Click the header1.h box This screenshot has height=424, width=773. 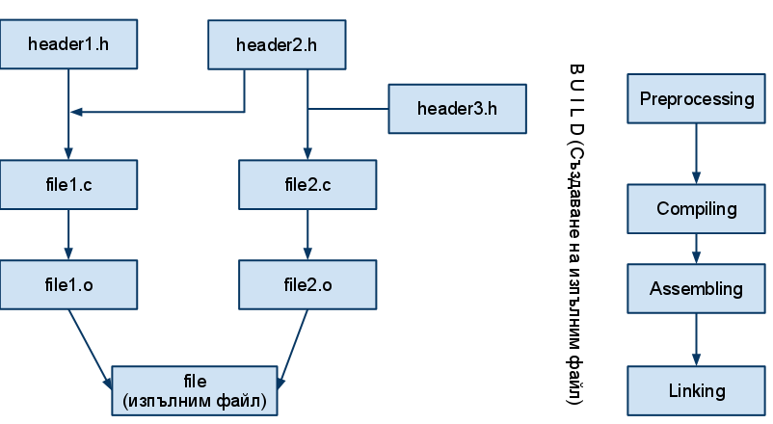pos(68,44)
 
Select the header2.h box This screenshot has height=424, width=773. pos(278,44)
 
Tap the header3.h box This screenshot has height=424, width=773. pos(458,108)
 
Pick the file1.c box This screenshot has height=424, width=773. pos(68,184)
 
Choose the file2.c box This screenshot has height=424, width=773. pos(307,184)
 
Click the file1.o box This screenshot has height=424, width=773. pos(68,284)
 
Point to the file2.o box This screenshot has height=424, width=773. pos(307,284)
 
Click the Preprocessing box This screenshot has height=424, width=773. pos(697,98)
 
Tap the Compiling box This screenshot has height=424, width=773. pos(697,209)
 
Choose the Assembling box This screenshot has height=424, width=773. pos(697,288)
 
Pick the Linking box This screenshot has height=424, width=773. pos(697,390)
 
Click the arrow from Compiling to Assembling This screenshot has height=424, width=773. pos(697,249)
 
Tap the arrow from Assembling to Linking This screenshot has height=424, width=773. pos(697,339)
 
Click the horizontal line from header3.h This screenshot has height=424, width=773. pos(348,108)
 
